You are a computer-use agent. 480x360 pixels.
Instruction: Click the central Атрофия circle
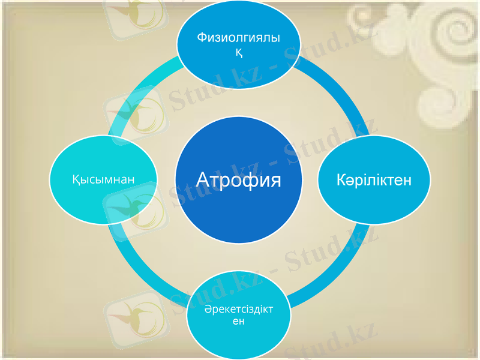pyautogui.click(x=238, y=180)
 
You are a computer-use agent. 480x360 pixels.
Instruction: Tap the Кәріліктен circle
pyautogui.click(x=374, y=180)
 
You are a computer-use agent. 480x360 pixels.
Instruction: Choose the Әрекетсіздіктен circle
pyautogui.click(x=238, y=315)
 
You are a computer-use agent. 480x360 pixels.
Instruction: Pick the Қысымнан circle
pyautogui.click(x=104, y=179)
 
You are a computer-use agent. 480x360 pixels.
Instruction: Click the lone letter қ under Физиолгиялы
pyautogui.click(x=238, y=53)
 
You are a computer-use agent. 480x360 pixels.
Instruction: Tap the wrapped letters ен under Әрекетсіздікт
pyautogui.click(x=238, y=322)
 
